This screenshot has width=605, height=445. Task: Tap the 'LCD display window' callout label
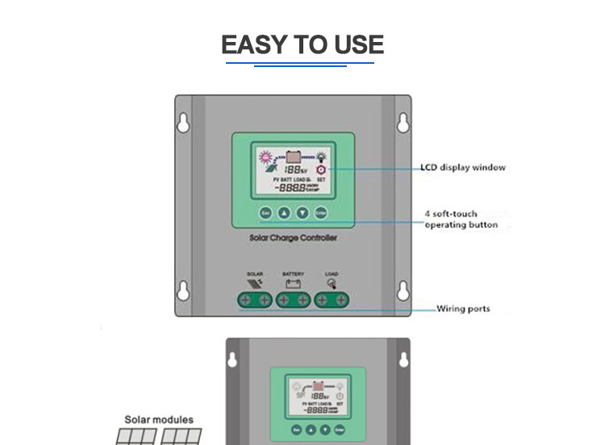(463, 168)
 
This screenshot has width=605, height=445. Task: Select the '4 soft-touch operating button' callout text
(461, 220)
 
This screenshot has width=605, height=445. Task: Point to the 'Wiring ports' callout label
(463, 309)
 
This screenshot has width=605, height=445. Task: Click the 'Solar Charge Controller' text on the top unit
(293, 239)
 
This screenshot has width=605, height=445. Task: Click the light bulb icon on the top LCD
(322, 156)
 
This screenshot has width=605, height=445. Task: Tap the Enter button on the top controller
(321, 214)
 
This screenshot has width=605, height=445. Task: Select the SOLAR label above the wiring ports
(254, 275)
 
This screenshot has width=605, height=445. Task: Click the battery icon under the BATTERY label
(293, 284)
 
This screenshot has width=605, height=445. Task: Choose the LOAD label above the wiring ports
(332, 275)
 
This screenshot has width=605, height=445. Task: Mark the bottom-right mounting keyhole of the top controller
(401, 290)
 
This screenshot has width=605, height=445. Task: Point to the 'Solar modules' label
(159, 420)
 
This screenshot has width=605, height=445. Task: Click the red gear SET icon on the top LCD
(321, 171)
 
